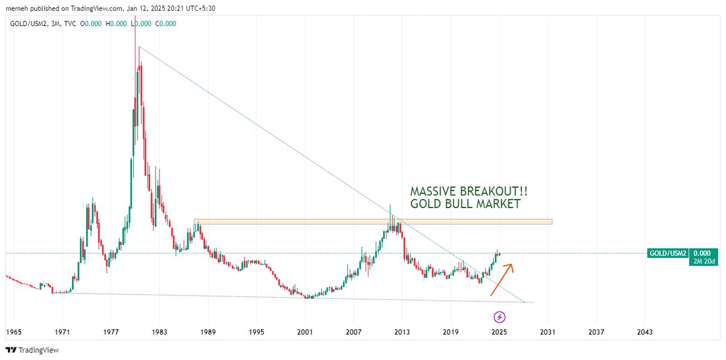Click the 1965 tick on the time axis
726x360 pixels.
tap(14, 332)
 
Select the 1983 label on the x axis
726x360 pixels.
tap(159, 332)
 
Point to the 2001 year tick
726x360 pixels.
tap(305, 332)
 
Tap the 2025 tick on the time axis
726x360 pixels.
tap(499, 332)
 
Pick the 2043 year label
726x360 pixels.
tap(645, 332)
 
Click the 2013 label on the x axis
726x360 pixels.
tap(402, 332)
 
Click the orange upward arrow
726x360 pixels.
tap(502, 279)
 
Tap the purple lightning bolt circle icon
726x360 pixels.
tap(500, 316)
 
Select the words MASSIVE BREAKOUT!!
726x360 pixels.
tap(469, 191)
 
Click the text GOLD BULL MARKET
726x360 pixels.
tap(465, 204)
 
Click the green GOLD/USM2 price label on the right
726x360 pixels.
tap(667, 253)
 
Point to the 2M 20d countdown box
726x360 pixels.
tap(703, 261)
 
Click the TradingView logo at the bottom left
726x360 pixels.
tap(33, 350)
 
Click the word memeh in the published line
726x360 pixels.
tap(15, 8)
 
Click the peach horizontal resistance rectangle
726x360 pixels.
tap(373, 221)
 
